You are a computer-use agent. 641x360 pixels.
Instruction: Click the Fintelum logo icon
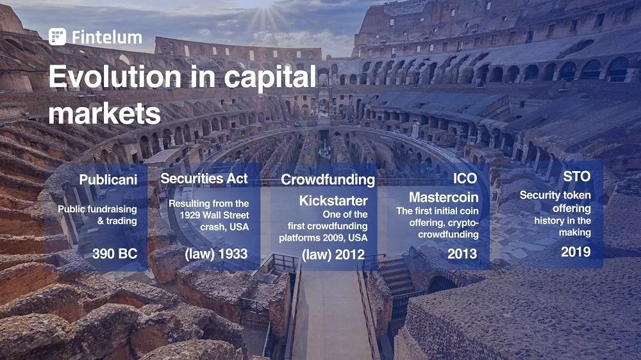point(57,37)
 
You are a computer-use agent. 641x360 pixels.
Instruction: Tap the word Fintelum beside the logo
point(107,37)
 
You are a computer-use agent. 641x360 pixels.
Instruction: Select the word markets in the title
point(104,113)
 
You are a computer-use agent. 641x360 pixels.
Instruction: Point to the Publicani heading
point(108,179)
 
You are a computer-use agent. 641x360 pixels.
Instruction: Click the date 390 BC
point(115,254)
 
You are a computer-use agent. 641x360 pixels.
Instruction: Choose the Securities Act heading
point(204,178)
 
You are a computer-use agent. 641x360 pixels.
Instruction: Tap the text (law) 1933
point(216,254)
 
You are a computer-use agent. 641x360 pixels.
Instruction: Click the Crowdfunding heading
point(328,179)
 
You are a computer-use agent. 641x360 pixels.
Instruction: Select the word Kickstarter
point(333,200)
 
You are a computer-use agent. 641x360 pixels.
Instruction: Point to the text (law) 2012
point(333,254)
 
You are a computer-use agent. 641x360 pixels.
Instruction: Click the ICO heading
point(465,178)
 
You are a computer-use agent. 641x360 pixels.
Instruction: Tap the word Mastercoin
point(444,197)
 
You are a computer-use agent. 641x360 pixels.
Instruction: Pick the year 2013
point(462,254)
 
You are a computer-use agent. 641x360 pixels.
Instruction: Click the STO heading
point(577,176)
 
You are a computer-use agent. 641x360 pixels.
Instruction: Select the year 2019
point(576,252)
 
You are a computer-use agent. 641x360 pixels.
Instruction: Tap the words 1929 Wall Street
point(214,215)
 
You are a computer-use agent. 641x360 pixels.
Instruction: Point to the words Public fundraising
point(97,209)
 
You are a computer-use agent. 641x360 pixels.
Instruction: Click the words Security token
point(555,195)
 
